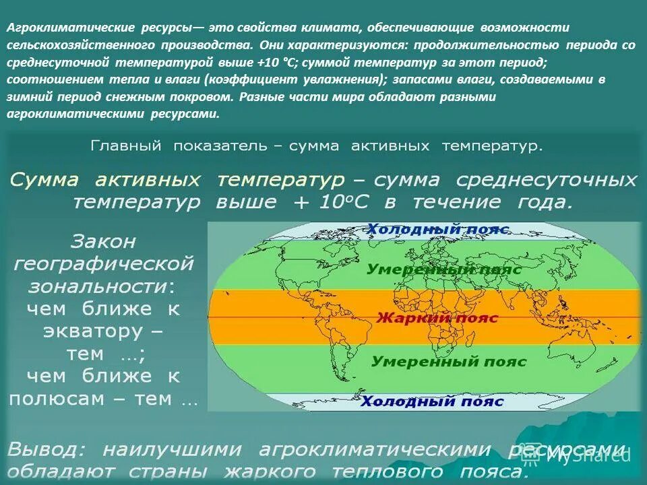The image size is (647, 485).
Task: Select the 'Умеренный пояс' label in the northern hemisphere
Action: click(x=444, y=269)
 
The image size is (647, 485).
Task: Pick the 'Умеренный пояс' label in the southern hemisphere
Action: click(x=449, y=362)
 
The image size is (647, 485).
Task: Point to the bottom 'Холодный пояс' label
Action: click(x=432, y=401)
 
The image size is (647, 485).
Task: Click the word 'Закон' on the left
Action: click(x=103, y=240)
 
